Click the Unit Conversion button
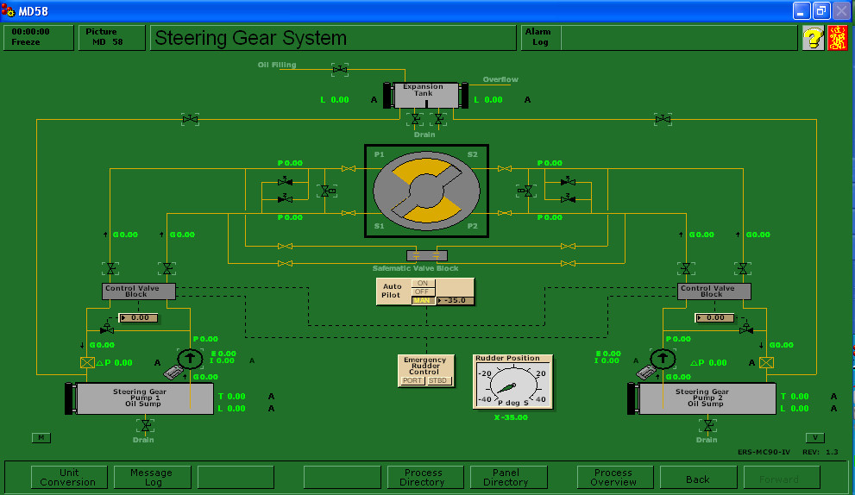70,477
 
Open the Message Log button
151,477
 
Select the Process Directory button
423,477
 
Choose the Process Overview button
613,477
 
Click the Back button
698,479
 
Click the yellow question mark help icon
813,38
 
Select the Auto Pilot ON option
423,283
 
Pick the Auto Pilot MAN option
423,300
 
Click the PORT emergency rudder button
413,380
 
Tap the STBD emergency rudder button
439,380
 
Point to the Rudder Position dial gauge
512,385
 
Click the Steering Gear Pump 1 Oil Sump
143,398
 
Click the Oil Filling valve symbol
340,68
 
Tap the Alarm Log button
540,37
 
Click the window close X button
840,11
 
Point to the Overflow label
500,79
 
